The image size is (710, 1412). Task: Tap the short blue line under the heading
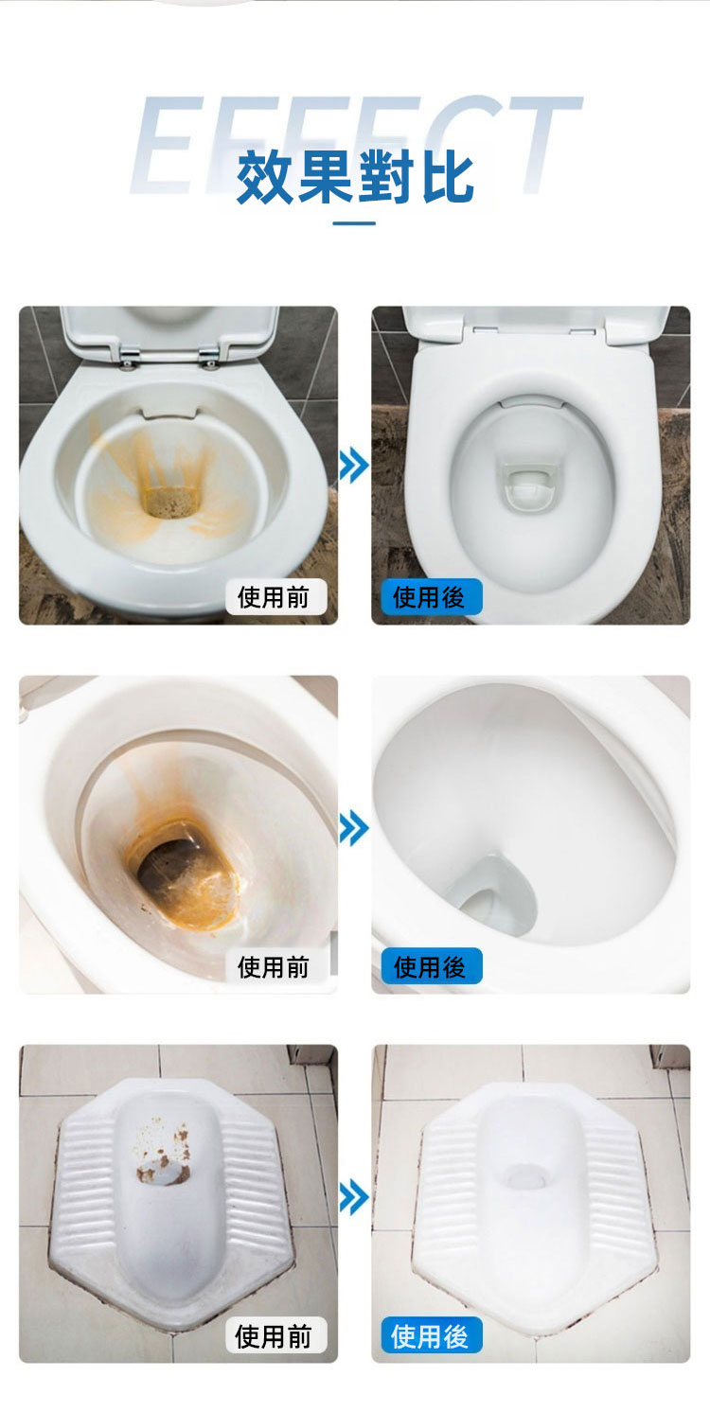pos(354,222)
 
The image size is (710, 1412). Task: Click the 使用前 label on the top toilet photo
pos(275,597)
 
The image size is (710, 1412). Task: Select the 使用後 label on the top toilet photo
pos(432,597)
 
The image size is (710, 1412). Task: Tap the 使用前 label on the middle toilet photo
pos(275,966)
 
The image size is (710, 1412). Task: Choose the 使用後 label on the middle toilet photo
pos(432,966)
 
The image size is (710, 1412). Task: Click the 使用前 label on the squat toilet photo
pos(275,1335)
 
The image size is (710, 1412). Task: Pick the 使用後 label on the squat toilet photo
pos(432,1335)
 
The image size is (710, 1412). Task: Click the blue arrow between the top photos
pos(354,466)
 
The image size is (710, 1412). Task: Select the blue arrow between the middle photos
pos(354,828)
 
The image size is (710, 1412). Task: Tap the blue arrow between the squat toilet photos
pos(354,1198)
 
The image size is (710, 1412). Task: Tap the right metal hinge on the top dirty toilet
pos(209,357)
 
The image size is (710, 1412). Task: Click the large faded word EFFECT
pos(355,145)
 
